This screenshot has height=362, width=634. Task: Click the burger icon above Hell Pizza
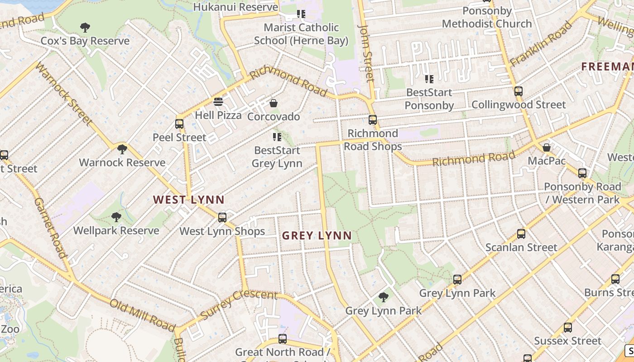point(218,101)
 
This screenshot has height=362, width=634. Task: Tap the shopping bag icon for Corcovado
point(274,104)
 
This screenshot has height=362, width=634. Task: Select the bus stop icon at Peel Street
point(179,124)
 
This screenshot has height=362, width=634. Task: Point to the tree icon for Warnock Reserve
point(122,149)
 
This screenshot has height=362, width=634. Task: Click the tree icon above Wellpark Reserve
point(116,217)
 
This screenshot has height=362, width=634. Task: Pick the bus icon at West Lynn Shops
point(222,218)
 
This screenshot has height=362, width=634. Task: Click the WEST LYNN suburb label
point(188,200)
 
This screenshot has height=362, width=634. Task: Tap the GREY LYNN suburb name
point(317,236)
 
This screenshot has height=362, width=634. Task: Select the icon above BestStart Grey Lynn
point(277,137)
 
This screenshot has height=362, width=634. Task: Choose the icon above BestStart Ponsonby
point(429,79)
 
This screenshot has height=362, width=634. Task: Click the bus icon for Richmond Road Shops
point(373,120)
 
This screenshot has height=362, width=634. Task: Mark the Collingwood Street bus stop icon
point(519,91)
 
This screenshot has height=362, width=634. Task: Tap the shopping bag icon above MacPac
point(547,148)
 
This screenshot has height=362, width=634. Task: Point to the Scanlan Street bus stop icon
point(521,234)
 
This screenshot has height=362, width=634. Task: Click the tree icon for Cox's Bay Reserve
point(85,28)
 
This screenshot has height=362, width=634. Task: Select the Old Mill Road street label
point(142,315)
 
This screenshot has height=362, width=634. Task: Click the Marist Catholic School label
point(301,34)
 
